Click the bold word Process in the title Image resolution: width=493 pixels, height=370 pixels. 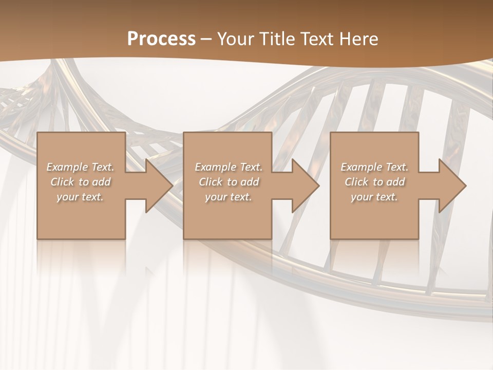point(161,39)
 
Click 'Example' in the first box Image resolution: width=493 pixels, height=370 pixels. point(67,167)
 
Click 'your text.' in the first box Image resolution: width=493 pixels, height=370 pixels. point(80,197)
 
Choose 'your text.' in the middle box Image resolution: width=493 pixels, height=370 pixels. point(229,197)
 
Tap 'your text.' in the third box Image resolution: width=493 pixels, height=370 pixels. point(374,197)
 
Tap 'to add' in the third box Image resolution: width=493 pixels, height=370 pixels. point(390,182)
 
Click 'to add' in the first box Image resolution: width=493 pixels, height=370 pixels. point(96,182)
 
